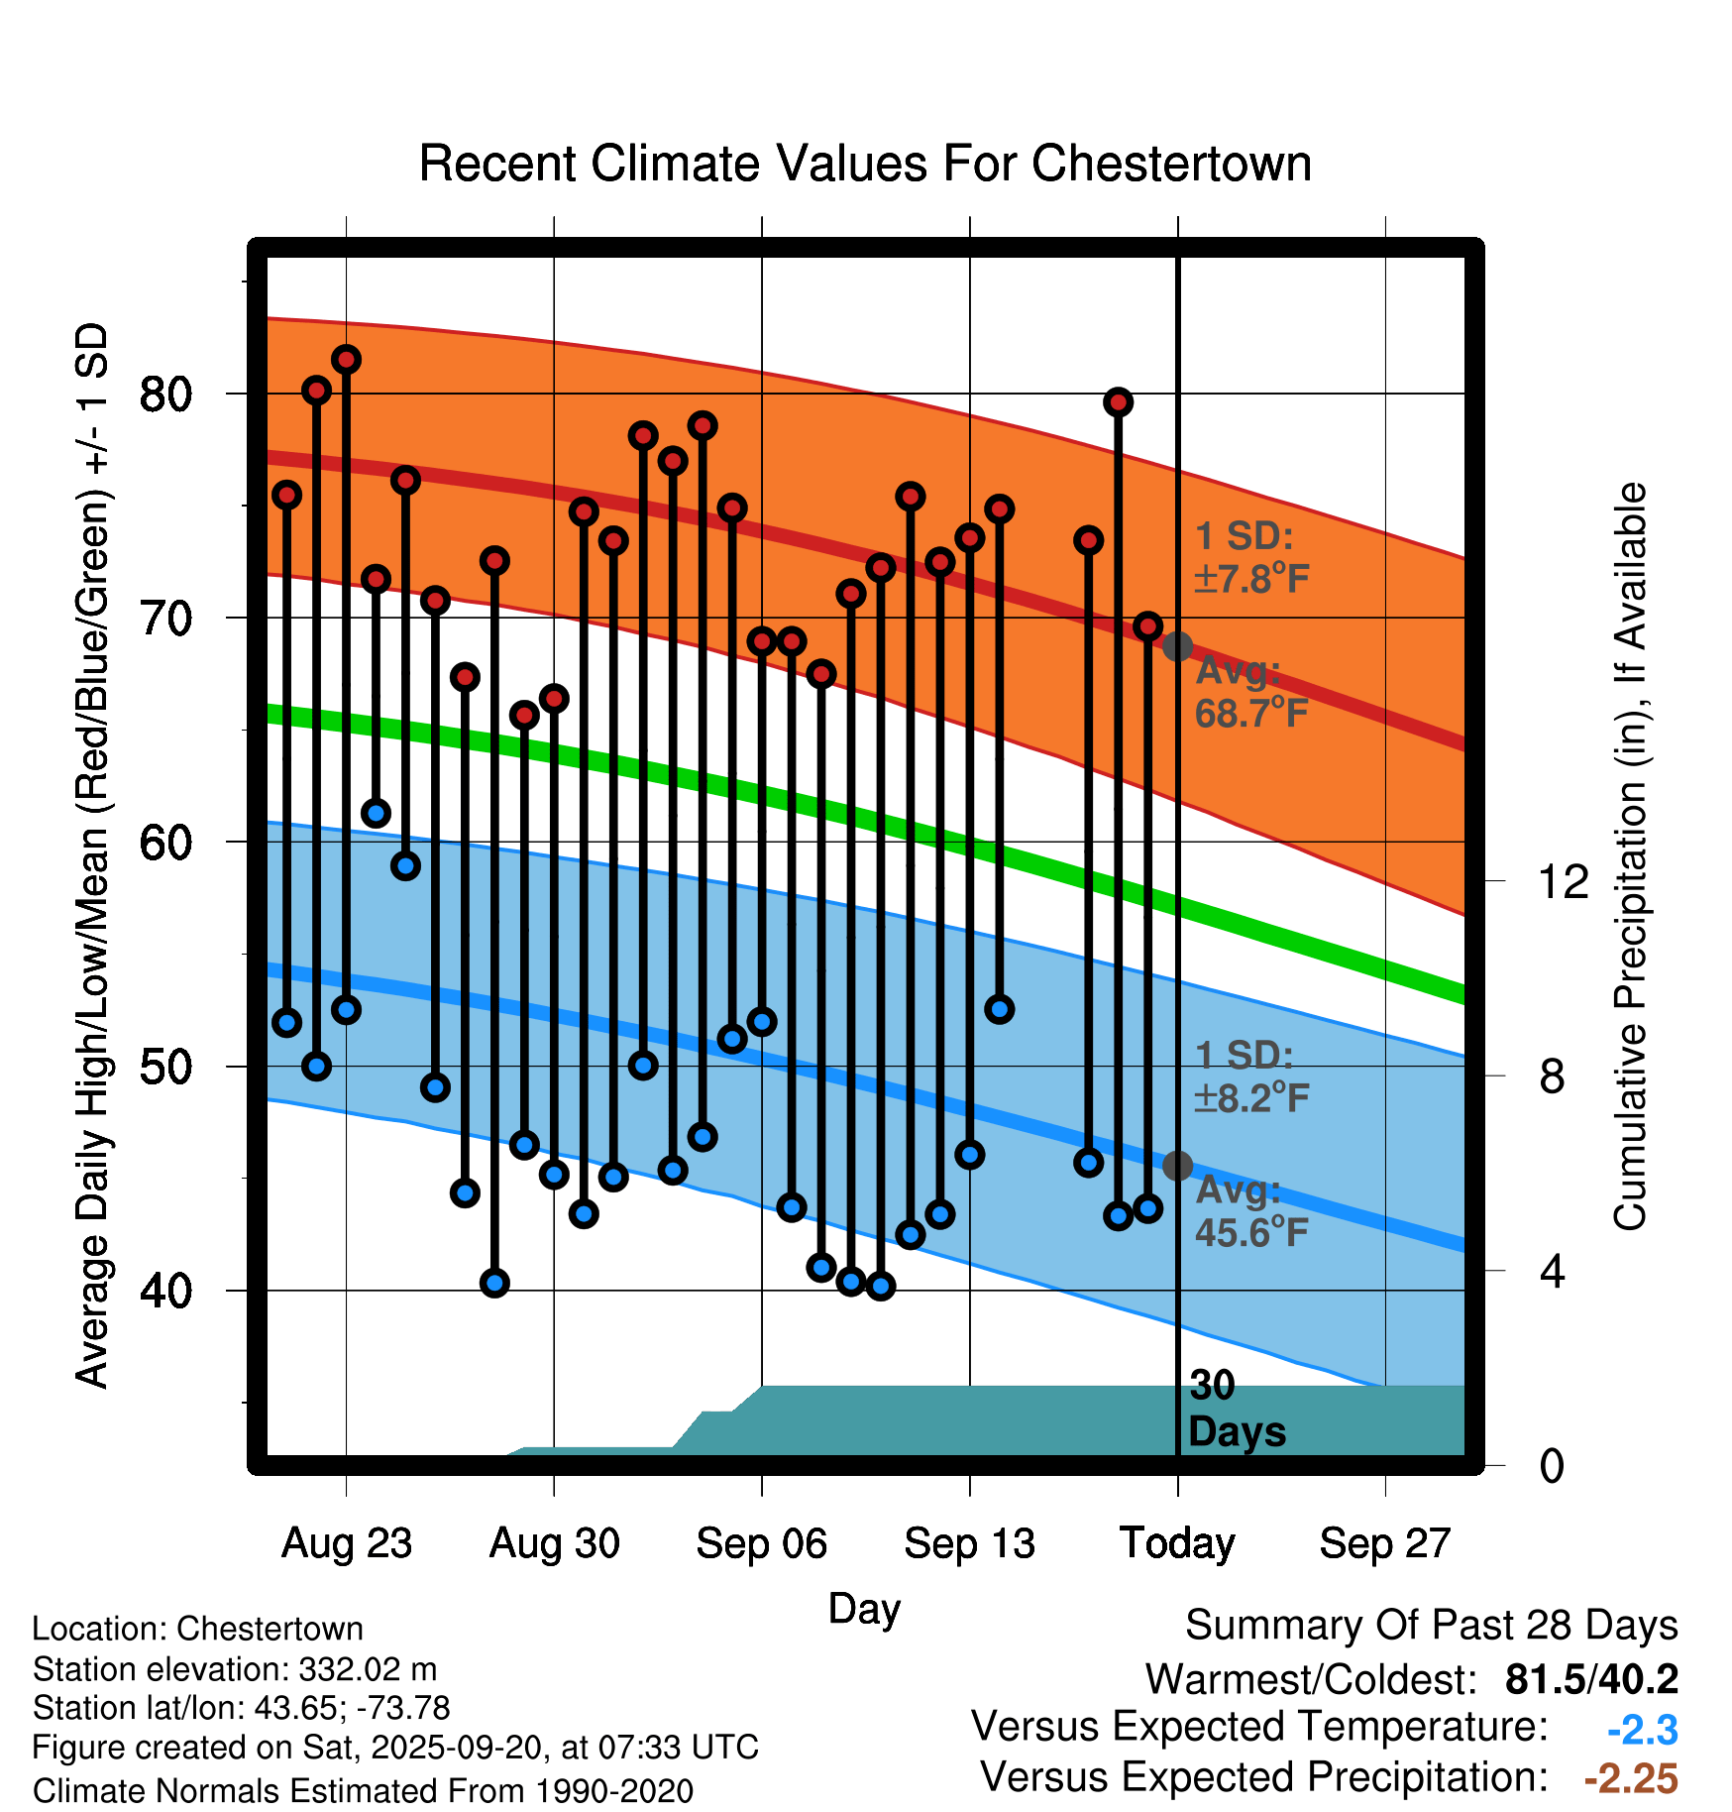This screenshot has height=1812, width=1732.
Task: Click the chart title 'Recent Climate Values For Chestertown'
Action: [865, 164]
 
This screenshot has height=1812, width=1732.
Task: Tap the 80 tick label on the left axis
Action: [164, 395]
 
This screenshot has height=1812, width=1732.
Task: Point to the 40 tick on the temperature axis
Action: [164, 1291]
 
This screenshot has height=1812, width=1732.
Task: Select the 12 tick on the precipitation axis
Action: [1564, 881]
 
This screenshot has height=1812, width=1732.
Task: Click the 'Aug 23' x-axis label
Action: [346, 1543]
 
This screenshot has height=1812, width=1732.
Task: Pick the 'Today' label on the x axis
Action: [1177, 1543]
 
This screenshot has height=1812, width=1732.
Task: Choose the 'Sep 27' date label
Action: [1384, 1543]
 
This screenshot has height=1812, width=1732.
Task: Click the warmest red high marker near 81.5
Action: [346, 359]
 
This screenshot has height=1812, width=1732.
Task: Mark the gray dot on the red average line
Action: [1177, 646]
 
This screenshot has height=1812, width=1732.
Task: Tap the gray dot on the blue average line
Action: [1177, 1166]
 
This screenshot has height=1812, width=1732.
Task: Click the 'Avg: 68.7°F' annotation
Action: [1251, 692]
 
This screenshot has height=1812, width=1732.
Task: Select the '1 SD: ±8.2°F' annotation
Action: [1251, 1076]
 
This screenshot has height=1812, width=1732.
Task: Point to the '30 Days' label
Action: [1236, 1409]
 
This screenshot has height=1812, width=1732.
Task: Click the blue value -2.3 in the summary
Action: [1642, 1730]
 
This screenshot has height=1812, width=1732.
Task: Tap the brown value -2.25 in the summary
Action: [1631, 1778]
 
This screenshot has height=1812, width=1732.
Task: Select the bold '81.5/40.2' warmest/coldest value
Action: [1591, 1679]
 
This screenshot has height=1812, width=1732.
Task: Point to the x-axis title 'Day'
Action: [864, 1608]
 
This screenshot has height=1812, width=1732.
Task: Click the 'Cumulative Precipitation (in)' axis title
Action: [1630, 857]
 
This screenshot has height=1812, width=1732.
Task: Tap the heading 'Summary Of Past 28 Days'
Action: [1431, 1626]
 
